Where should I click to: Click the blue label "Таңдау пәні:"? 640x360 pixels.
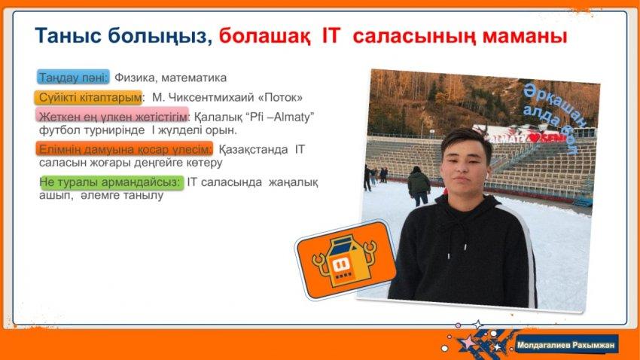point(74,77)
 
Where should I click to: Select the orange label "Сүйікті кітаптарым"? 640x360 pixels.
point(88,98)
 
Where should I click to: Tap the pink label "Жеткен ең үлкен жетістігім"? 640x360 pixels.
point(112,116)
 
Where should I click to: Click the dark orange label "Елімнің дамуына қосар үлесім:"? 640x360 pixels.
point(124,149)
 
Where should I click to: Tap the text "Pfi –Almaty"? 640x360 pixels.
point(279,117)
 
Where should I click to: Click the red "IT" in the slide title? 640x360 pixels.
point(331,35)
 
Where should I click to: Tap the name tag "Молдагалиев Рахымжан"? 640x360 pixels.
point(565,345)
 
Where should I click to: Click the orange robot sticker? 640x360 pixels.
point(346,259)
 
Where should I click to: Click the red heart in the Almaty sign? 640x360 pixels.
point(534,138)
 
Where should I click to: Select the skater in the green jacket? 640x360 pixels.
point(419,186)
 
